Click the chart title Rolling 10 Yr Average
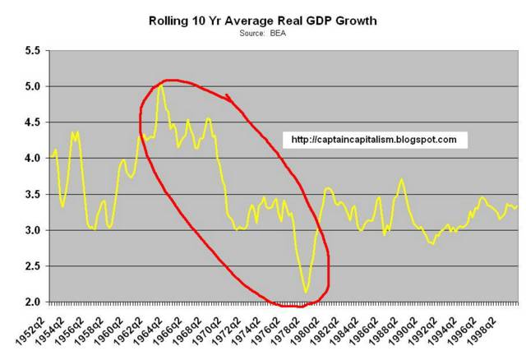[x=263, y=18]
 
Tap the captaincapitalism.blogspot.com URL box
[x=374, y=140]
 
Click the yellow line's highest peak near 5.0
[x=161, y=85]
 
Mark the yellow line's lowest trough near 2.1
[x=306, y=292]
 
